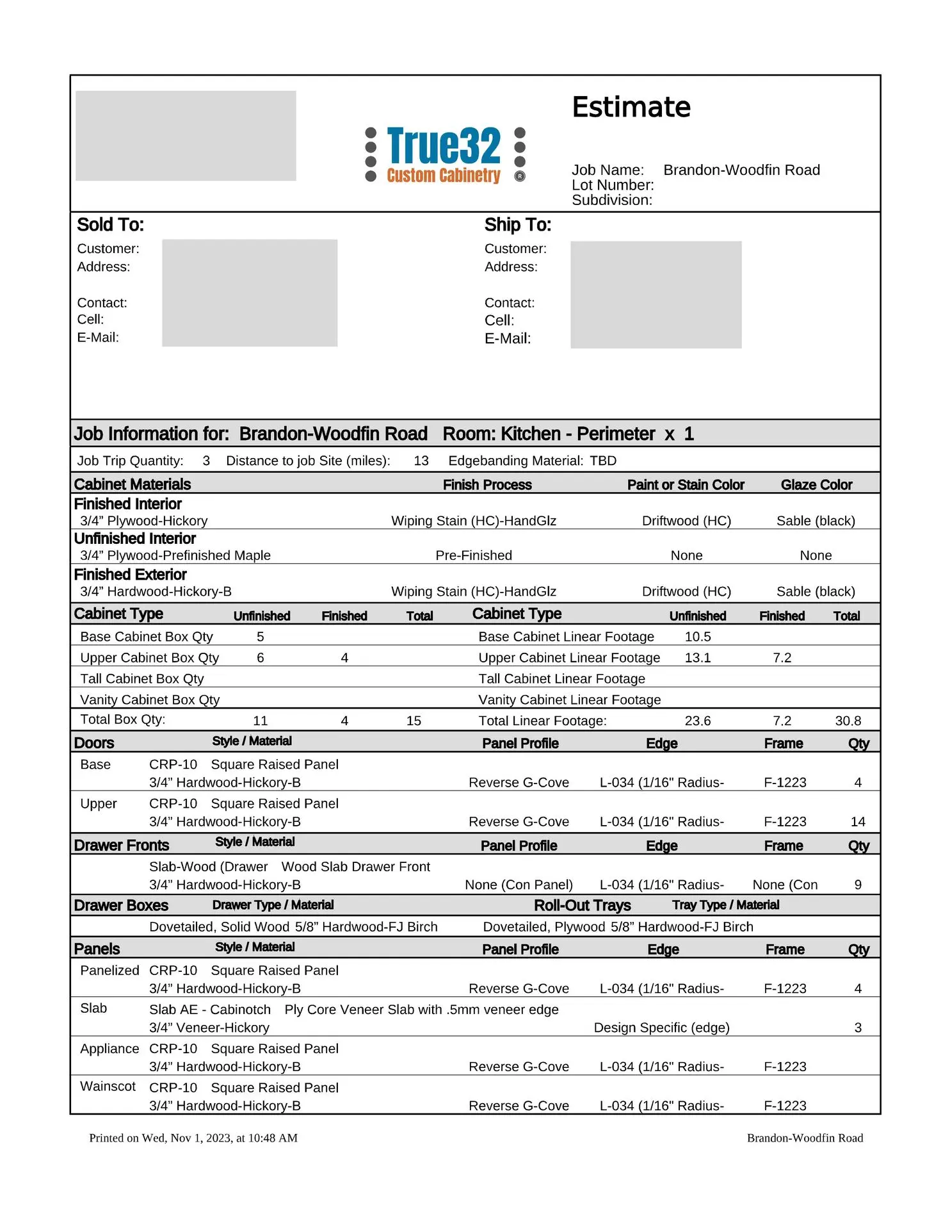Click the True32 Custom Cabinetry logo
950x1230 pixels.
(444, 155)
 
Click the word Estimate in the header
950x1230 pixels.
(631, 107)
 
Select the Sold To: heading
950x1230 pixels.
(110, 225)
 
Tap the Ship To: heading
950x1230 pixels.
(517, 225)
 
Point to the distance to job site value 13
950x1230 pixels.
(421, 461)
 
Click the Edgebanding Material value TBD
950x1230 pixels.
(603, 461)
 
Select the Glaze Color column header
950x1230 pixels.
(816, 485)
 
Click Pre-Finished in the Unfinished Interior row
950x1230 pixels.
(473, 555)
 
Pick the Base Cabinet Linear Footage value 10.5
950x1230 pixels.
(697, 637)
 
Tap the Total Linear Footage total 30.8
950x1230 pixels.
(848, 721)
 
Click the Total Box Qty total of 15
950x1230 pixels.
(414, 721)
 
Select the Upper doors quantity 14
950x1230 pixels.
(858, 821)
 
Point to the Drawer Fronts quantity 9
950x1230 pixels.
(858, 885)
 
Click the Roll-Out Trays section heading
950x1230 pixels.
(582, 905)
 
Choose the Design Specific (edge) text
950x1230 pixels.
(661, 1028)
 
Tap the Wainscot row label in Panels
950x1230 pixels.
(108, 1086)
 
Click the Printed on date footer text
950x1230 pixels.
(193, 1138)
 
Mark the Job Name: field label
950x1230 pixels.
(608, 170)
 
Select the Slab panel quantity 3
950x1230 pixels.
(858, 1028)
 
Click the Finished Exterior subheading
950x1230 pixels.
(130, 575)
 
